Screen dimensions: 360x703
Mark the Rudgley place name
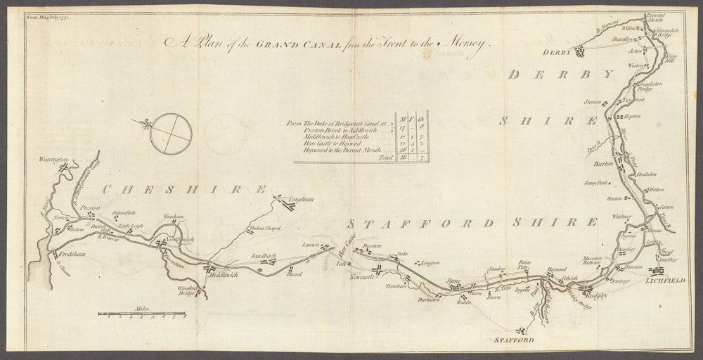coord(597,297)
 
